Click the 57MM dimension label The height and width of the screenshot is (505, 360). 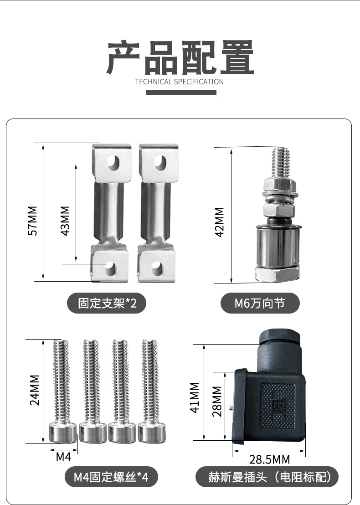coord(33,221)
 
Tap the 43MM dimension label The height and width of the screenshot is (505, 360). coord(65,221)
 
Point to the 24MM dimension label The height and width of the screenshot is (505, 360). coord(35,390)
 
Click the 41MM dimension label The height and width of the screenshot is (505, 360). coord(195,397)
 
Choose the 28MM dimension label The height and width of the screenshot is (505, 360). coord(217,401)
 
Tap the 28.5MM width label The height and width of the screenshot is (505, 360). coord(269,459)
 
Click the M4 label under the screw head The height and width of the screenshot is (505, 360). coord(63,457)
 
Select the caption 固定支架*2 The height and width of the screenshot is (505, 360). coord(107,303)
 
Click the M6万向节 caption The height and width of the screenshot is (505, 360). coord(260,303)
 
